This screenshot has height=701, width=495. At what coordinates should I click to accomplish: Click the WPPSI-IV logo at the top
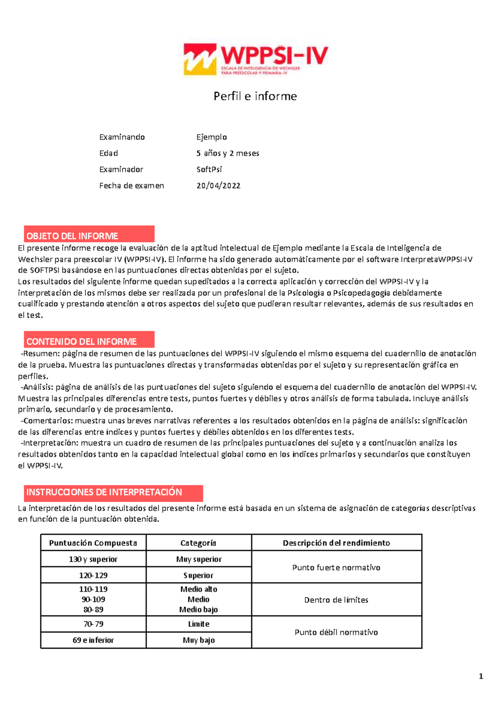[x=255, y=59]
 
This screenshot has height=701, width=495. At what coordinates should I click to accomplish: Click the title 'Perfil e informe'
[x=255, y=96]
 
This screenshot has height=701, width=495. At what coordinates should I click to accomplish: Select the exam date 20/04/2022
[x=218, y=186]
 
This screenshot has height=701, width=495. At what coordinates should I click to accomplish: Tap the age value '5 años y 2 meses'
[x=227, y=153]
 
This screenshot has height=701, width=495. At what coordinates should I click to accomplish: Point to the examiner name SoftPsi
[x=209, y=169]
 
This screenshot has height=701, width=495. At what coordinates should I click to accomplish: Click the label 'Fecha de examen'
[x=132, y=186]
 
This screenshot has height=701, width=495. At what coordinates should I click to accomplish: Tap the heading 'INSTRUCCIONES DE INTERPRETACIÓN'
[x=113, y=493]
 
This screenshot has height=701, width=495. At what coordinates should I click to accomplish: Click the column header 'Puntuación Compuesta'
[x=93, y=543]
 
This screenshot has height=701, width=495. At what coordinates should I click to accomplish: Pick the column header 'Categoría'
[x=198, y=543]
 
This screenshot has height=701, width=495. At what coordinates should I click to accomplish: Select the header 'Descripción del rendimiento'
[x=336, y=543]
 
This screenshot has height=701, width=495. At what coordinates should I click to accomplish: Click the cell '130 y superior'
[x=93, y=559]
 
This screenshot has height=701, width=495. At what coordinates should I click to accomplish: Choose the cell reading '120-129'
[x=93, y=575]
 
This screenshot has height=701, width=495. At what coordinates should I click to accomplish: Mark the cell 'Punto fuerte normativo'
[x=336, y=568]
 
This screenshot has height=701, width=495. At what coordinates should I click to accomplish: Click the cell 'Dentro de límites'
[x=336, y=600]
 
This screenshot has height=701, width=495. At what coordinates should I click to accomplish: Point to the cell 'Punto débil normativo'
[x=336, y=632]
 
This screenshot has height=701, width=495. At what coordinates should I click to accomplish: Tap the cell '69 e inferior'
[x=93, y=640]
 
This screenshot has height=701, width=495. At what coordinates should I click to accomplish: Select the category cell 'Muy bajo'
[x=198, y=640]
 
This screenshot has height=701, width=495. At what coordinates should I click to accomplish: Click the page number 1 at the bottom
[x=481, y=676]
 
